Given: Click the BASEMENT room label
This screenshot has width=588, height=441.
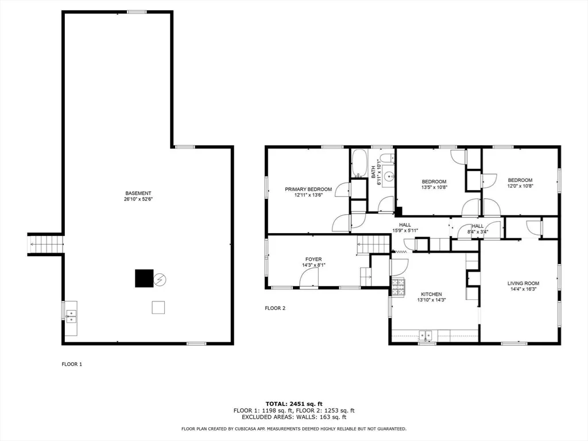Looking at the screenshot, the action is (138, 193).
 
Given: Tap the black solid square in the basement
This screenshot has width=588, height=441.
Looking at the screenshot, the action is (144, 278).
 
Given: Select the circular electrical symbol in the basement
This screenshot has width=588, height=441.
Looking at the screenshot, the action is (160, 280).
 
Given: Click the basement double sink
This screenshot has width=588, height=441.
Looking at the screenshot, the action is (71, 316).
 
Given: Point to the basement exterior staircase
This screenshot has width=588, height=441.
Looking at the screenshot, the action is (45, 244).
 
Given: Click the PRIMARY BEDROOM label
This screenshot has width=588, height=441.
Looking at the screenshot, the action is (308, 189).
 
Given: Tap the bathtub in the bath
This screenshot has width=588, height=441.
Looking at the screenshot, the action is (359, 164).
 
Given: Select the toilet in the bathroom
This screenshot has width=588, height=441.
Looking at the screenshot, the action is (386, 158).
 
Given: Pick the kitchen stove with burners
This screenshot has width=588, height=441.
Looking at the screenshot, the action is (399, 287).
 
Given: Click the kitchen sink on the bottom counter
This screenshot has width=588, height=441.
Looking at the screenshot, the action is (425, 335).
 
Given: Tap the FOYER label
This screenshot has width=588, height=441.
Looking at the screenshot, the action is (314, 259).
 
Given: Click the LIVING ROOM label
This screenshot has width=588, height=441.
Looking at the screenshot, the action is (523, 284).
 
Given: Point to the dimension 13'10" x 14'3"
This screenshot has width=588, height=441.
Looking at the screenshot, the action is (431, 300).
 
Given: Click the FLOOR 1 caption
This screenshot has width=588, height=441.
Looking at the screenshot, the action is (72, 364).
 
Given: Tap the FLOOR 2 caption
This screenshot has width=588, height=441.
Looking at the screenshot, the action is (275, 308).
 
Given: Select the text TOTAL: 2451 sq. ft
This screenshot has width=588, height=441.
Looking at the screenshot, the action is (294, 404).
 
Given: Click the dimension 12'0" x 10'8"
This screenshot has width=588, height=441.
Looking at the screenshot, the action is (520, 185).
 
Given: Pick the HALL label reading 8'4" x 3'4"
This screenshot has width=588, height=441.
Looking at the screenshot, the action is (477, 229).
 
